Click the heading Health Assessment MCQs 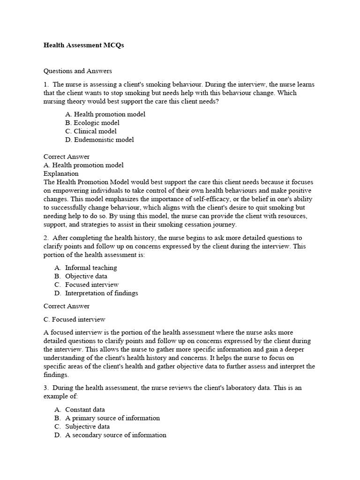coord(83,45)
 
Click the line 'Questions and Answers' coord(78,71)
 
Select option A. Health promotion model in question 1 coord(105,114)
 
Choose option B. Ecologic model coord(92,123)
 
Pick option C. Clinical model coord(91,131)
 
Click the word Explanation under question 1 coord(61,173)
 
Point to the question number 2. coord(45,238)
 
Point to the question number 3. coord(45,388)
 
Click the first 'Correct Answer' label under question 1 coord(67,157)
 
